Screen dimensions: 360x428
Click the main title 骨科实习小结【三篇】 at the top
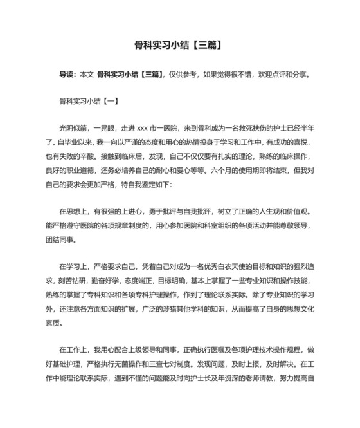(x=179, y=45)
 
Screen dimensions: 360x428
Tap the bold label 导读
(x=67, y=75)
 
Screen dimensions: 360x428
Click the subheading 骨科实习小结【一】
(x=87, y=101)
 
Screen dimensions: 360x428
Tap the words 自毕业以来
(x=94, y=142)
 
